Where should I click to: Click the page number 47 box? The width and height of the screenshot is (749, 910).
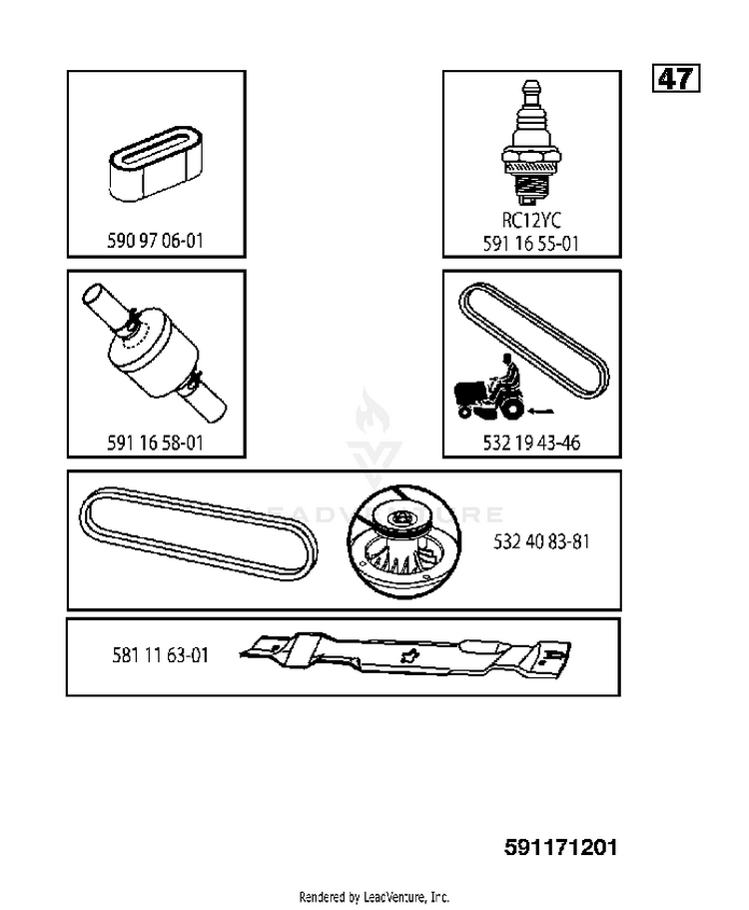(x=676, y=78)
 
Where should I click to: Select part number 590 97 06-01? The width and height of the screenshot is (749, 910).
(x=156, y=241)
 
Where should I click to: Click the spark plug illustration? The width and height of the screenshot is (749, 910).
(x=531, y=143)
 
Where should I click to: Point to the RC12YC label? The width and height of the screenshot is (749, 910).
(x=531, y=221)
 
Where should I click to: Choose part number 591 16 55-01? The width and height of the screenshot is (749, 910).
(x=531, y=244)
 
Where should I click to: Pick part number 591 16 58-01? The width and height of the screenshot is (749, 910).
(x=156, y=444)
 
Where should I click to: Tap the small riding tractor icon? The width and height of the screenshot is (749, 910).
(x=490, y=388)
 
